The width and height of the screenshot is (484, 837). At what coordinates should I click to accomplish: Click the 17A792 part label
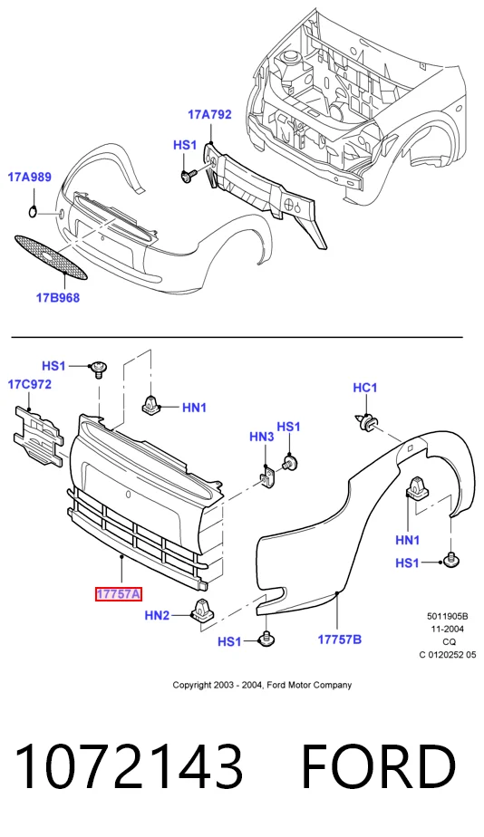click(209, 114)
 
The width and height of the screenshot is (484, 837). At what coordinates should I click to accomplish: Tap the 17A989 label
click(29, 177)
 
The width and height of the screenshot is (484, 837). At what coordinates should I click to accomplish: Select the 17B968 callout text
click(58, 298)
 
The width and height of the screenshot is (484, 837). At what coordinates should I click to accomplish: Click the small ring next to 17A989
click(34, 212)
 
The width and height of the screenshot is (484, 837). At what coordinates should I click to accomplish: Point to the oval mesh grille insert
click(51, 258)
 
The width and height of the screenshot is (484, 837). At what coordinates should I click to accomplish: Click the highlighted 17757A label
click(118, 593)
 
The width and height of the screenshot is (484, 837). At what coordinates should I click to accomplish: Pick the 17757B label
click(340, 639)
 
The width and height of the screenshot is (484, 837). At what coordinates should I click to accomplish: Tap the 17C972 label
click(29, 384)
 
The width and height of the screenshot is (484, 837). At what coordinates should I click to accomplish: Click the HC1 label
click(365, 388)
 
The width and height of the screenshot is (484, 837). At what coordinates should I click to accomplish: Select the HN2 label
click(157, 615)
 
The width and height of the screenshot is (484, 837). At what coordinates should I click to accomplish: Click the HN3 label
click(262, 437)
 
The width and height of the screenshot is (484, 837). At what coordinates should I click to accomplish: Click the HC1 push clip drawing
click(365, 422)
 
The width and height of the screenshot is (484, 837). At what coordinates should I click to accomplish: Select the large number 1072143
click(129, 767)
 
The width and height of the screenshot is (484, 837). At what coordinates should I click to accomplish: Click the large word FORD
click(378, 767)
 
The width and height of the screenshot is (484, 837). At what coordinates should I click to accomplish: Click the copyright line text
click(262, 685)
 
